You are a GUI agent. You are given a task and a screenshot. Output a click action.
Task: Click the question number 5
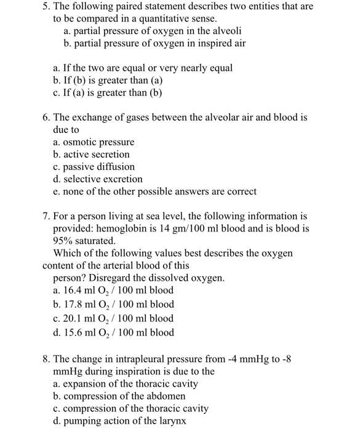(46, 7)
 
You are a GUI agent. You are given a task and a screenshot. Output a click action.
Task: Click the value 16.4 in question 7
(73, 291)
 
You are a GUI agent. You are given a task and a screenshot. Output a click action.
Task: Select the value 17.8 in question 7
(73, 305)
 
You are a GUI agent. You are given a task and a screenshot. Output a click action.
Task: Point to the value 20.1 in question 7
(73, 319)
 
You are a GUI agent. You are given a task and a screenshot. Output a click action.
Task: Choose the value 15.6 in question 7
(73, 333)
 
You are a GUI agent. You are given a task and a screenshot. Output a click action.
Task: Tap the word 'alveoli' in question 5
(224, 31)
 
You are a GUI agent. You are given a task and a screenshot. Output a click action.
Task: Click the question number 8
(46, 359)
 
